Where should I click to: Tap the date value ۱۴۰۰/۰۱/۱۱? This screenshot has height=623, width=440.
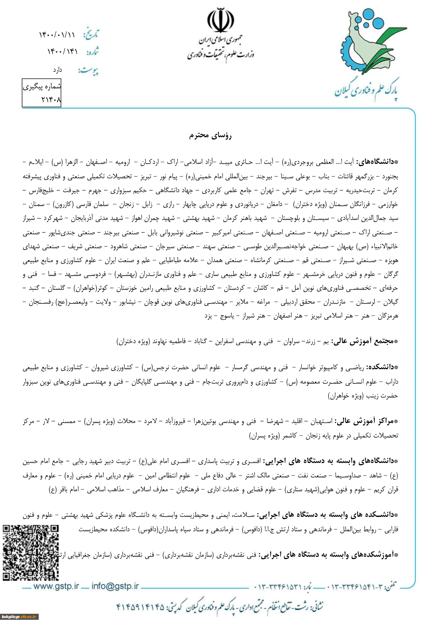tap(57, 35)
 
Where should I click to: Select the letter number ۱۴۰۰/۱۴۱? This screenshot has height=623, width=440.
tap(62, 52)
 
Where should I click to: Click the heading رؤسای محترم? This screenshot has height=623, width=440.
tap(210, 135)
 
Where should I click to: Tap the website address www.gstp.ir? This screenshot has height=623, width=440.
tap(56, 586)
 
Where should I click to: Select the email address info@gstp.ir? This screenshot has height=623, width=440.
tap(115, 586)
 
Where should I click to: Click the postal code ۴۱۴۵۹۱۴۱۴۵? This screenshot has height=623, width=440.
tap(141, 606)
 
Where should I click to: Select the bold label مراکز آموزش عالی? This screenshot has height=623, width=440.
tap(366, 421)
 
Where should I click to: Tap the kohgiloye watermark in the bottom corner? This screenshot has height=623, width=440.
tap(19, 617)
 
